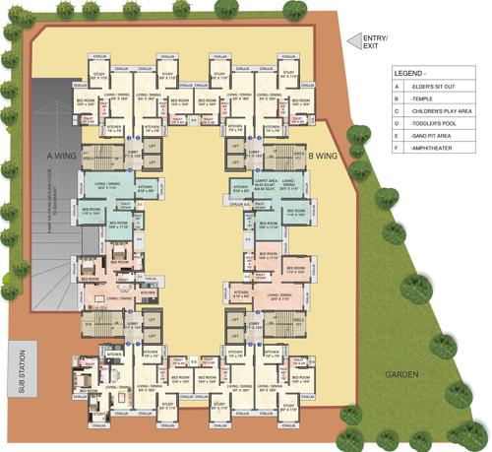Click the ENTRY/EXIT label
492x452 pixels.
(376, 41)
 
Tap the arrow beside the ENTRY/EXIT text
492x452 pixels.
(349, 41)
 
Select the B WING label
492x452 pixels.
(323, 156)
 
